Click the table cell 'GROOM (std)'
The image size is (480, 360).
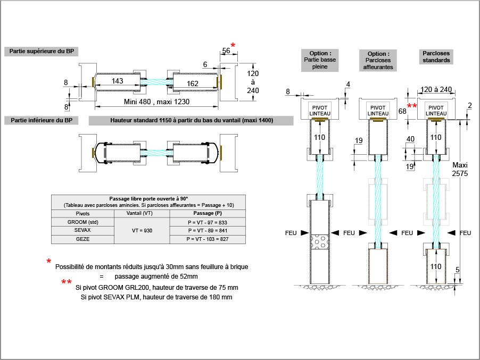pos(83,222)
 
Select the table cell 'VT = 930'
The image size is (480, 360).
pos(141,231)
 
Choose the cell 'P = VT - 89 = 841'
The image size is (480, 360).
pos(207,231)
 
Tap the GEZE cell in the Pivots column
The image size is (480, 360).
pos(83,240)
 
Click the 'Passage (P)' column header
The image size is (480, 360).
pos(207,213)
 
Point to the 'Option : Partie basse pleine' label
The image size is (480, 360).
pos(319,60)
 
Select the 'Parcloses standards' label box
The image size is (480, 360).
pos(436,57)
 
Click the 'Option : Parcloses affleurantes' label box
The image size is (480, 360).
pos(378,60)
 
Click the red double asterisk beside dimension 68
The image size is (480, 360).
pos(412,106)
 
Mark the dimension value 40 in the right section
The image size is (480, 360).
pos(410,139)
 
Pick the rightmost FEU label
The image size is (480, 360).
pos(465,233)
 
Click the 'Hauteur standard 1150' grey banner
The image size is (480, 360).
pos(192,120)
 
